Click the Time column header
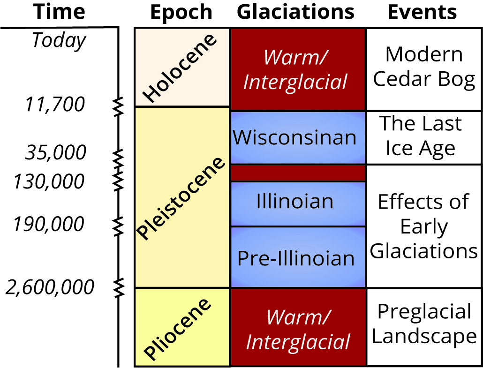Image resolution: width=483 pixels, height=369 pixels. click(60, 12)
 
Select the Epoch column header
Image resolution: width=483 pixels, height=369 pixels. click(181, 12)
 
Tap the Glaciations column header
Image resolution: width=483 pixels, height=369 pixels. click(295, 12)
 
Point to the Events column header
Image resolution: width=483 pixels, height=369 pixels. click(422, 12)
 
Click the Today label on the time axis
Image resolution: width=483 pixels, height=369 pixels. click(59, 41)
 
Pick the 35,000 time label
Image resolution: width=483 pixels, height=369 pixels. click(56, 153)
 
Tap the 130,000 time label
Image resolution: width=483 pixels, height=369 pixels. click(49, 181)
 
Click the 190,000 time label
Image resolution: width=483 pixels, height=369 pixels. click(49, 224)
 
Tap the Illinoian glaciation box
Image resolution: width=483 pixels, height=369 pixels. click(295, 202)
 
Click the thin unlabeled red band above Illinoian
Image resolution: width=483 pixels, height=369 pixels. click(298, 173)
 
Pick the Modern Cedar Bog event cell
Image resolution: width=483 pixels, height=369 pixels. click(424, 68)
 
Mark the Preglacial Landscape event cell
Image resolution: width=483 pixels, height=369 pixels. click(424, 324)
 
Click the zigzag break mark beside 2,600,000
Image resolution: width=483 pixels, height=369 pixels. click(120, 285)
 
